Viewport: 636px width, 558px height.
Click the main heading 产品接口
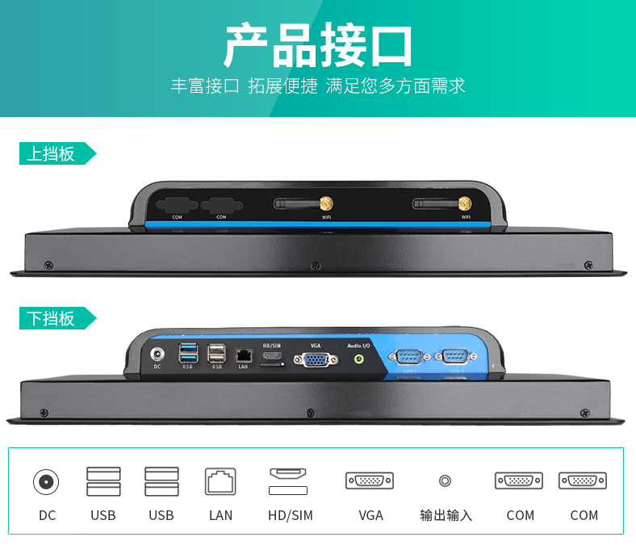coord(318,46)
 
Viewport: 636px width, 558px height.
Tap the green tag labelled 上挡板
coord(52,153)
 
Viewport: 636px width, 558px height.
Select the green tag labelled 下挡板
coord(52,318)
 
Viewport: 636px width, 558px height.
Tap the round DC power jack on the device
coord(157,353)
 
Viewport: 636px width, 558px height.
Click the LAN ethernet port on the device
coord(243,355)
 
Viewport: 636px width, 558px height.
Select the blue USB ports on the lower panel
coord(188,353)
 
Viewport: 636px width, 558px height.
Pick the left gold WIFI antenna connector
coord(328,203)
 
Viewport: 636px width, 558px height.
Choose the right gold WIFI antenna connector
coord(466,203)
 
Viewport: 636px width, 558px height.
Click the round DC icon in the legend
coord(46,482)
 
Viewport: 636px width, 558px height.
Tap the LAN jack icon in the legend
coord(220,482)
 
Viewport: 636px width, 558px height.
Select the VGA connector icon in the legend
coord(370,480)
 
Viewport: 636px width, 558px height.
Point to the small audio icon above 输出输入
coord(445,480)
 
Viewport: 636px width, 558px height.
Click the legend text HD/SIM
coord(290,515)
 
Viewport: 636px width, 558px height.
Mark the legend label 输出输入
coord(446,515)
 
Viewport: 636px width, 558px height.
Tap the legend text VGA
coord(370,515)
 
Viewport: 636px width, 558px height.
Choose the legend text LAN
coord(220,515)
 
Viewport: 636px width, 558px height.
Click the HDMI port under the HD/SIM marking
coord(272,355)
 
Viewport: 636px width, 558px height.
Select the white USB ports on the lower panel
coord(216,353)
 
